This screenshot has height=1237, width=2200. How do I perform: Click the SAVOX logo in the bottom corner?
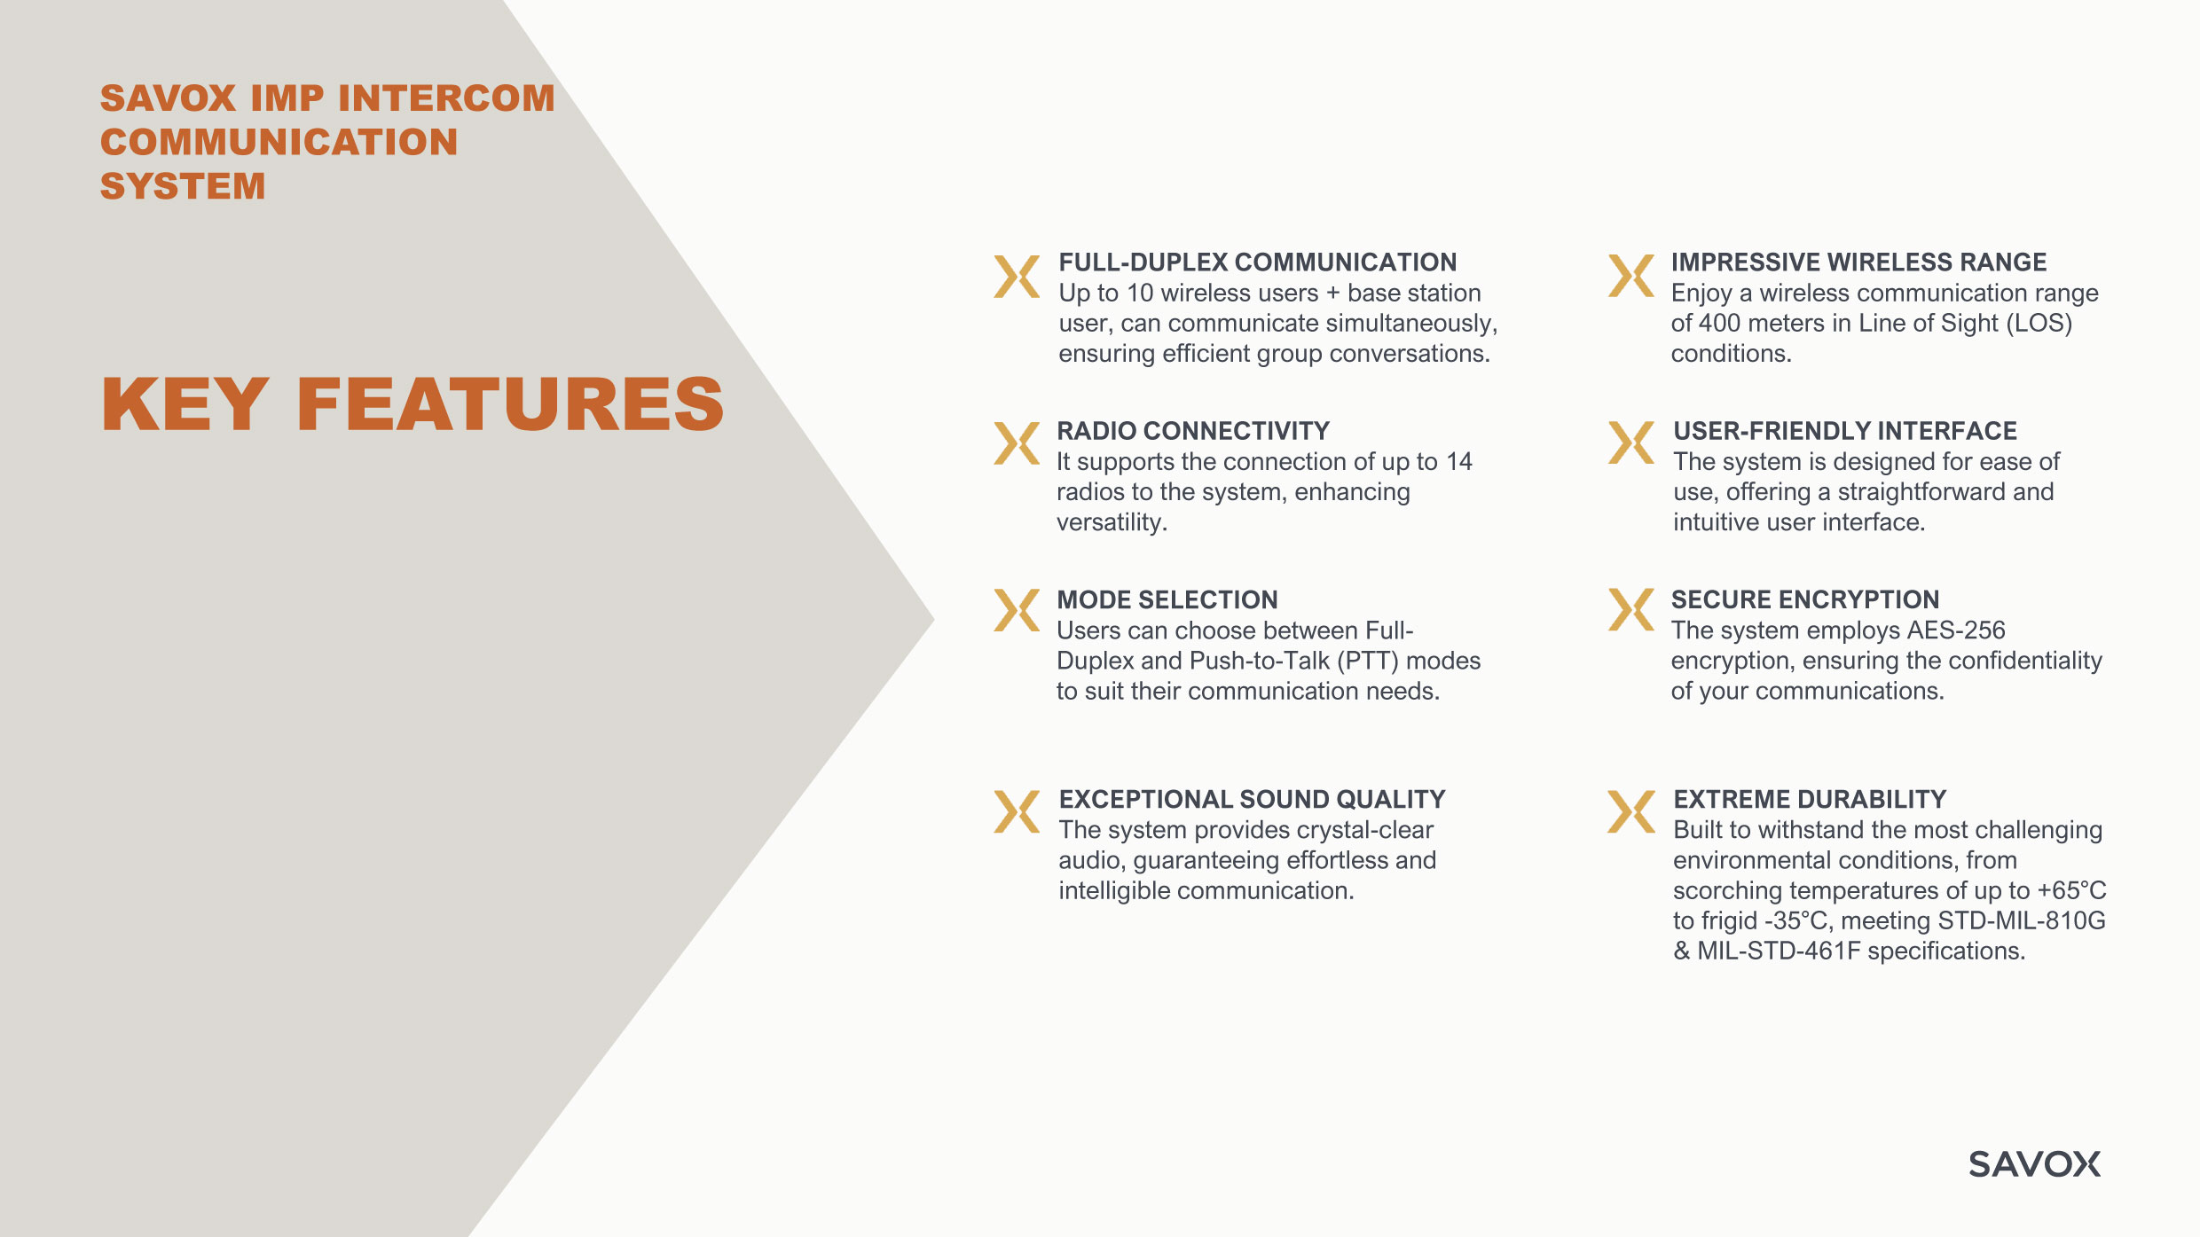pyautogui.click(x=2034, y=1163)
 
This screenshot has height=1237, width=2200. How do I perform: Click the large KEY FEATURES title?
pyautogui.click(x=412, y=404)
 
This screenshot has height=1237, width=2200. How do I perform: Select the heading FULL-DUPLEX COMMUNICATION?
pyautogui.click(x=1257, y=262)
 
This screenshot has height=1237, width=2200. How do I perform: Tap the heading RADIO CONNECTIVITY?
pyautogui.click(x=1193, y=431)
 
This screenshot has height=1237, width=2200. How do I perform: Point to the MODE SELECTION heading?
pyautogui.click(x=1167, y=600)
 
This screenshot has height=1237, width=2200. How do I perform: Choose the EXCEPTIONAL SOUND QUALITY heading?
pyautogui.click(x=1252, y=800)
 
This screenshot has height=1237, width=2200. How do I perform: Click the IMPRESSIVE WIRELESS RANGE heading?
pyautogui.click(x=1858, y=262)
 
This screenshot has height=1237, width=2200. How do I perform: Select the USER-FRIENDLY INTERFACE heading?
pyautogui.click(x=1845, y=431)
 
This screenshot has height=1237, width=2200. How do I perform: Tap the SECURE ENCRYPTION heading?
pyautogui.click(x=1805, y=599)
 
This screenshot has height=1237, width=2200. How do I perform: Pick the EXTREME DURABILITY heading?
pyautogui.click(x=1810, y=800)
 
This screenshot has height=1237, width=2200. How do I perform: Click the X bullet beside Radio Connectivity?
pyautogui.click(x=1017, y=443)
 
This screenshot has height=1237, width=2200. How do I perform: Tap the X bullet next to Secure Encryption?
pyautogui.click(x=1631, y=610)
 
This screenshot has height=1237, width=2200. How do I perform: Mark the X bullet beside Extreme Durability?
pyautogui.click(x=1631, y=812)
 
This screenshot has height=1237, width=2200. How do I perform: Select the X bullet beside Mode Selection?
pyautogui.click(x=1017, y=610)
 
